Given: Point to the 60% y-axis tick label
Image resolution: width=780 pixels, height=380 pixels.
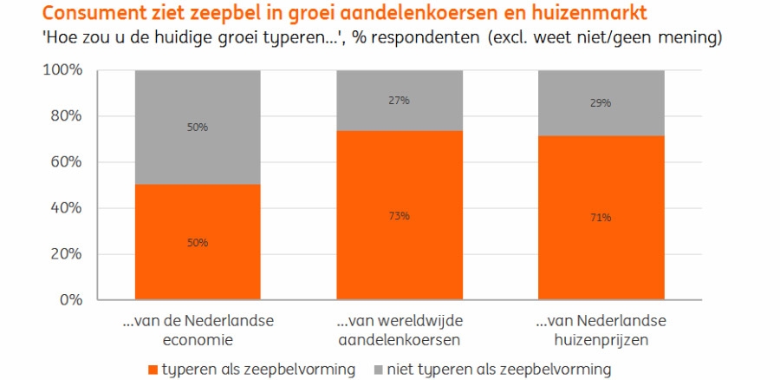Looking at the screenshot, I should click(x=64, y=162).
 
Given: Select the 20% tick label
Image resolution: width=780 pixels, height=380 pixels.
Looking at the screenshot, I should click(x=64, y=254).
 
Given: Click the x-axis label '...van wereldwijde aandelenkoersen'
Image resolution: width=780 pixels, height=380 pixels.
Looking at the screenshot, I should click(x=399, y=329).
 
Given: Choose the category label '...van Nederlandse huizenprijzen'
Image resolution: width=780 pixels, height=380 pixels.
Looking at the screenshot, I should click(x=601, y=329).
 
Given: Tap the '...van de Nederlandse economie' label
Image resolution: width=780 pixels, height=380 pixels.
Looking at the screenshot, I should click(x=198, y=329).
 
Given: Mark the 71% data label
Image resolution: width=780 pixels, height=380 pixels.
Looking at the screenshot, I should click(x=601, y=217).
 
